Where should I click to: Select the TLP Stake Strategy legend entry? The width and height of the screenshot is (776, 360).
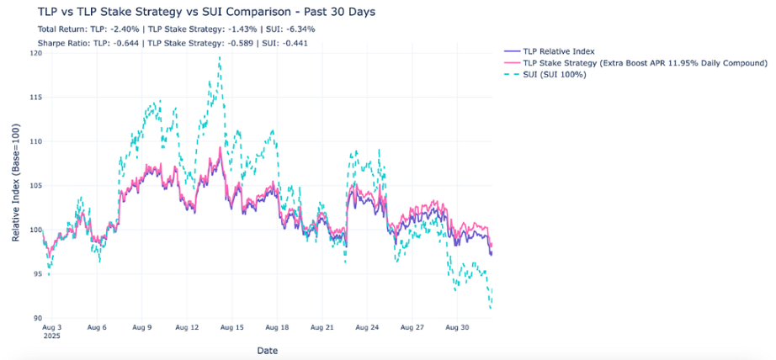(645, 63)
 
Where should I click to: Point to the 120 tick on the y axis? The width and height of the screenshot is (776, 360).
(35, 53)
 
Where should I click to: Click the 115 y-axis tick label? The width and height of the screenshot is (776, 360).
(35, 98)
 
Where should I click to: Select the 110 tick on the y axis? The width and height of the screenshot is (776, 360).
(35, 141)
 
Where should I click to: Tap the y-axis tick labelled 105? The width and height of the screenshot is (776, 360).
(35, 186)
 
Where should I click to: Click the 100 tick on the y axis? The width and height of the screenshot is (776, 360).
(35, 230)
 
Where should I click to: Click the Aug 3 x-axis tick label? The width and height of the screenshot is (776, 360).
(51, 326)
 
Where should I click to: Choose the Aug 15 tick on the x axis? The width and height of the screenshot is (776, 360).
(232, 326)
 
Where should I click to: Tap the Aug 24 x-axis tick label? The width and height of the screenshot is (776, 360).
(368, 326)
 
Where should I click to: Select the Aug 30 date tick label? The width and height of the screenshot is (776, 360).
(458, 326)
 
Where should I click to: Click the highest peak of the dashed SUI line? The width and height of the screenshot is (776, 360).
(220, 57)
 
